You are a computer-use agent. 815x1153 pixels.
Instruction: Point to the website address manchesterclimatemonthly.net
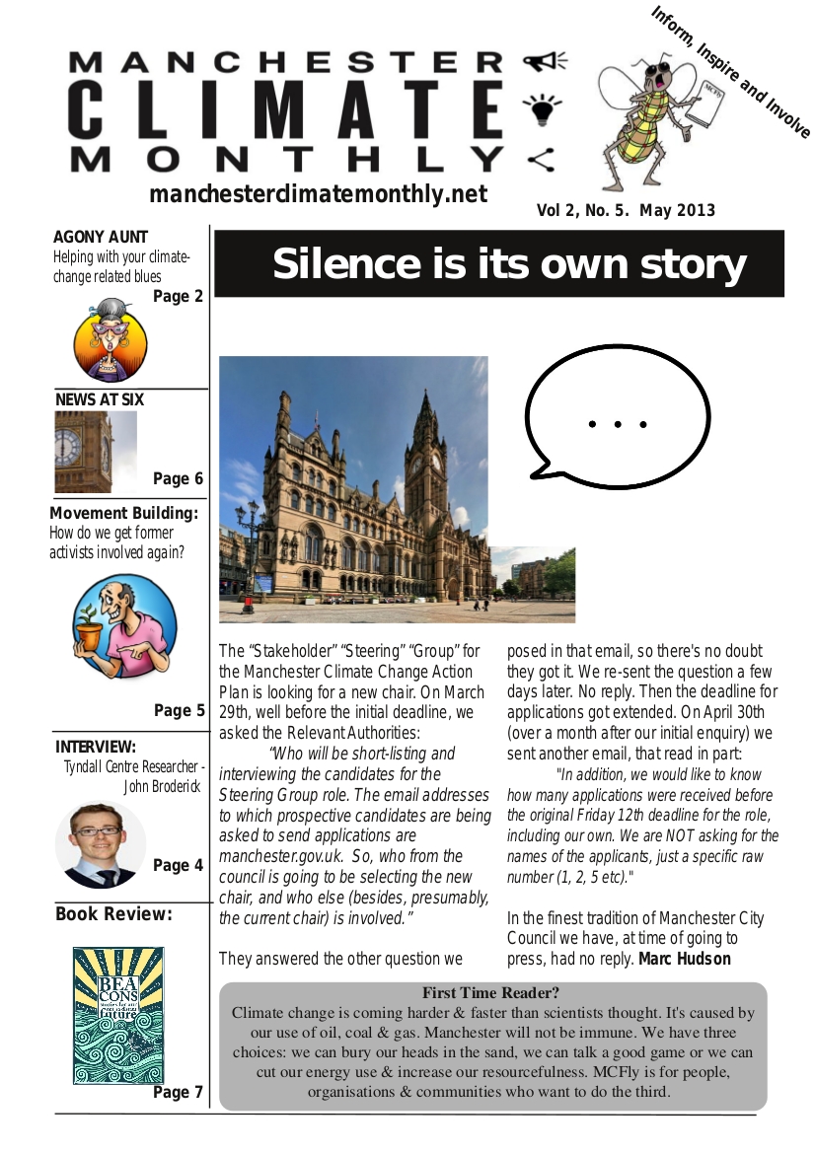(x=318, y=194)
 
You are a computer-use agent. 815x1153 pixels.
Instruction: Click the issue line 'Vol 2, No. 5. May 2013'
(x=626, y=210)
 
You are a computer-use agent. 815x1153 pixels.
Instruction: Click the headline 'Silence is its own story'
(x=508, y=264)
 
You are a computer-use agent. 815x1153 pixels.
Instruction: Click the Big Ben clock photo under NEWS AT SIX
(x=95, y=452)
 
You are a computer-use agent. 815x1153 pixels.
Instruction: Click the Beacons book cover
(x=117, y=1015)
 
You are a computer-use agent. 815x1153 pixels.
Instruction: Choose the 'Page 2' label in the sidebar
(x=178, y=296)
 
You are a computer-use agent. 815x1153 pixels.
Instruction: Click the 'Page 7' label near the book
(x=178, y=1093)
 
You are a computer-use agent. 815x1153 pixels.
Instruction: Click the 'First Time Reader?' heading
(x=491, y=993)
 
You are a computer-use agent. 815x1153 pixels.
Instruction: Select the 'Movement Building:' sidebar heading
(x=124, y=514)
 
